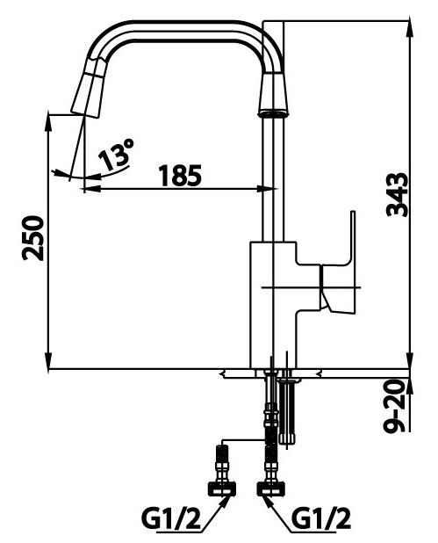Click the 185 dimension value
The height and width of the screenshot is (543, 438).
click(x=179, y=175)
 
